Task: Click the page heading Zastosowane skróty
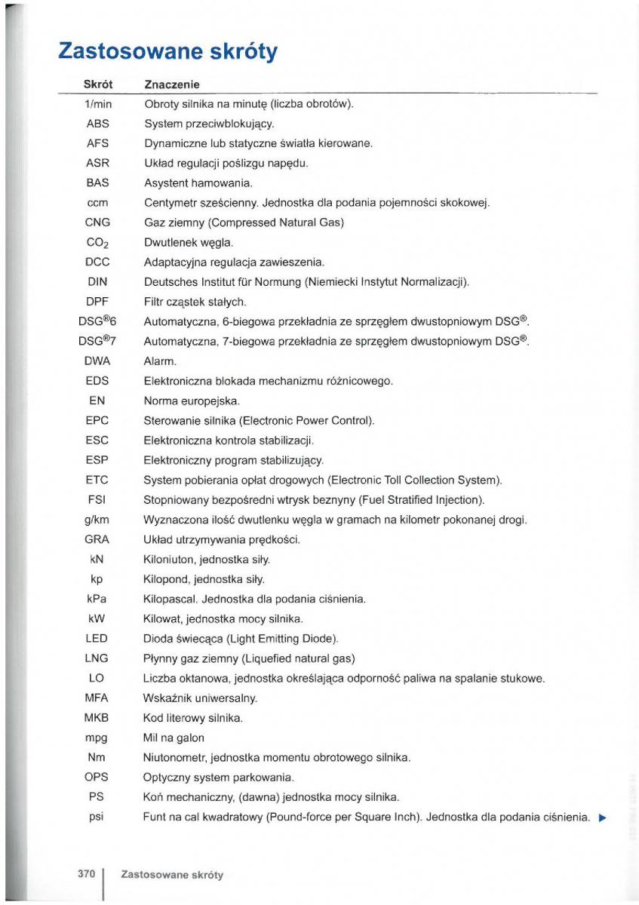tap(167, 51)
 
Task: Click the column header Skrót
tap(97, 84)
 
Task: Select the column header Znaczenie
tap(171, 84)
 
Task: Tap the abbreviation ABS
tap(97, 124)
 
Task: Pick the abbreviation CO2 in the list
tap(98, 243)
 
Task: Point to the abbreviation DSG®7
tap(97, 341)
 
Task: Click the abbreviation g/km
tap(97, 520)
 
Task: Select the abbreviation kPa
tap(97, 599)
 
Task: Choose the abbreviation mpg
tap(97, 738)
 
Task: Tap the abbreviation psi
tap(97, 817)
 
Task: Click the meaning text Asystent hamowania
tap(198, 183)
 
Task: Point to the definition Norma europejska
tap(192, 401)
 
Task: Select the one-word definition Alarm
tap(160, 361)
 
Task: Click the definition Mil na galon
tap(174, 738)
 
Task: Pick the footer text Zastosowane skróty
tap(172, 876)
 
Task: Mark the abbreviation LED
tap(97, 639)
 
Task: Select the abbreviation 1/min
tap(97, 104)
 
